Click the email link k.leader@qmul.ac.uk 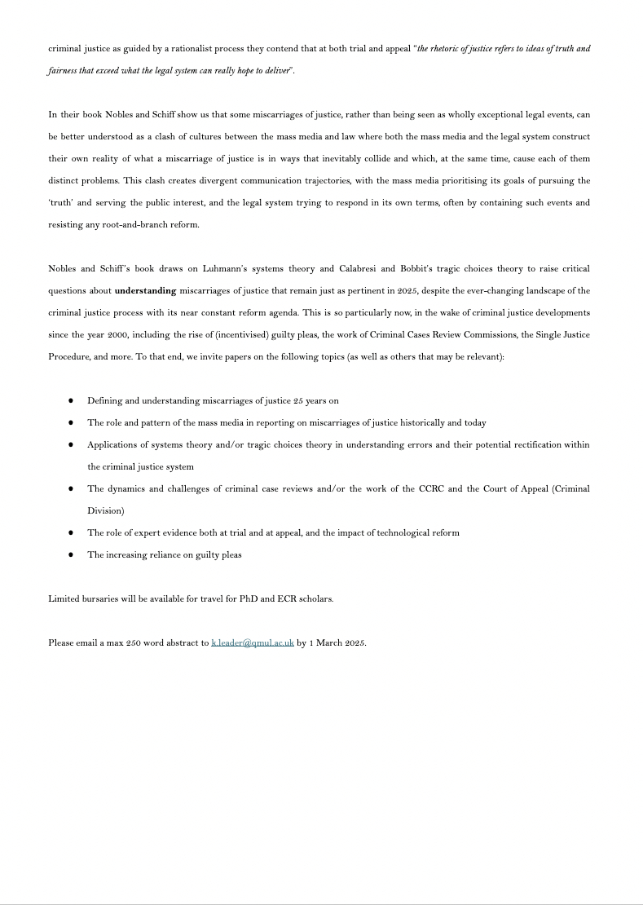pos(253,643)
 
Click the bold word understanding pos(145,291)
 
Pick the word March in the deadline pos(330,643)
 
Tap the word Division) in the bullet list pos(106,511)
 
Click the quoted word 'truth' pos(59,203)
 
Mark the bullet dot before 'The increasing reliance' pos(71,555)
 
